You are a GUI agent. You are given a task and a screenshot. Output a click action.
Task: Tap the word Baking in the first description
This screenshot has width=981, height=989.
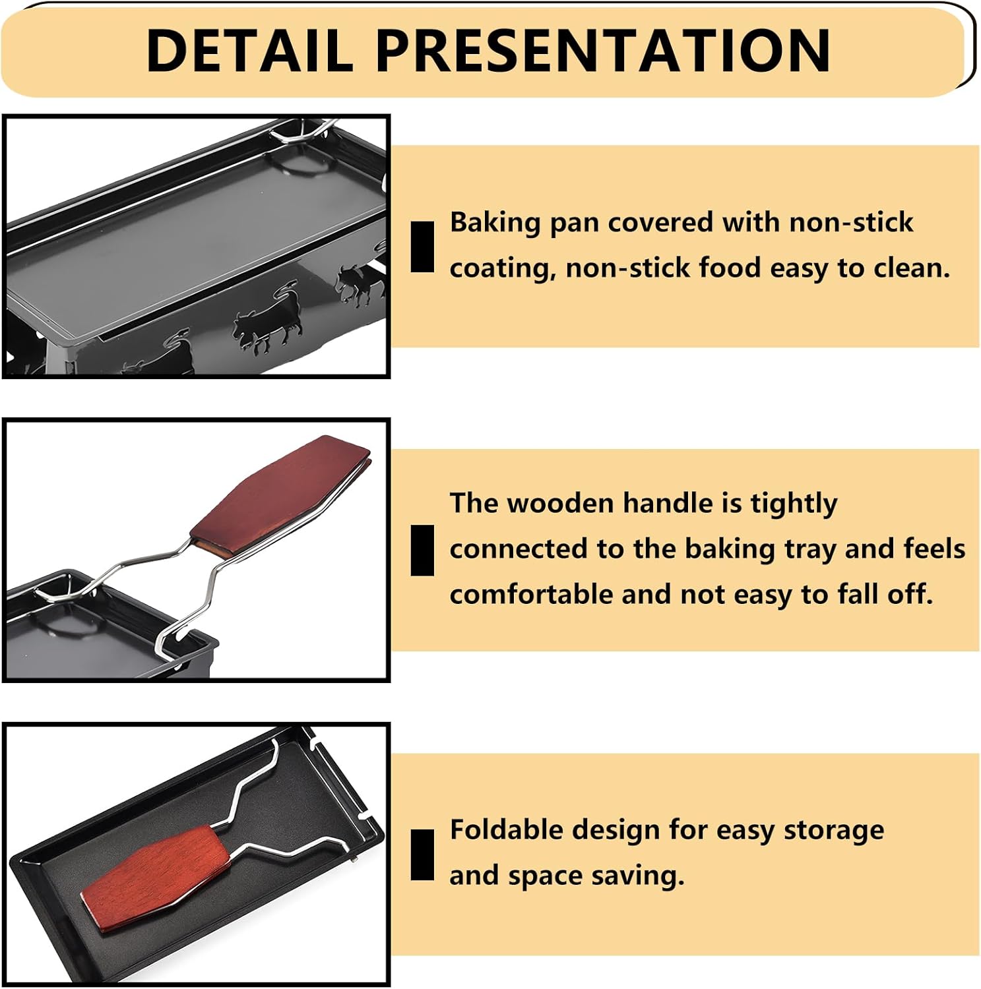point(495,223)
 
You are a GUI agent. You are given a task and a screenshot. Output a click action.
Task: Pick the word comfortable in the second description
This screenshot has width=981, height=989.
point(531,594)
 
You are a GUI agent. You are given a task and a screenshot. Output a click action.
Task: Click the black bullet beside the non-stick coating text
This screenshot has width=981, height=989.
point(422,247)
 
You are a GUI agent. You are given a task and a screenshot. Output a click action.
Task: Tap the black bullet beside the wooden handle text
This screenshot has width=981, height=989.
point(422,551)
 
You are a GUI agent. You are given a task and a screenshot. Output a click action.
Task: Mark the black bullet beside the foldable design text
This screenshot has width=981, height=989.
point(422,855)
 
